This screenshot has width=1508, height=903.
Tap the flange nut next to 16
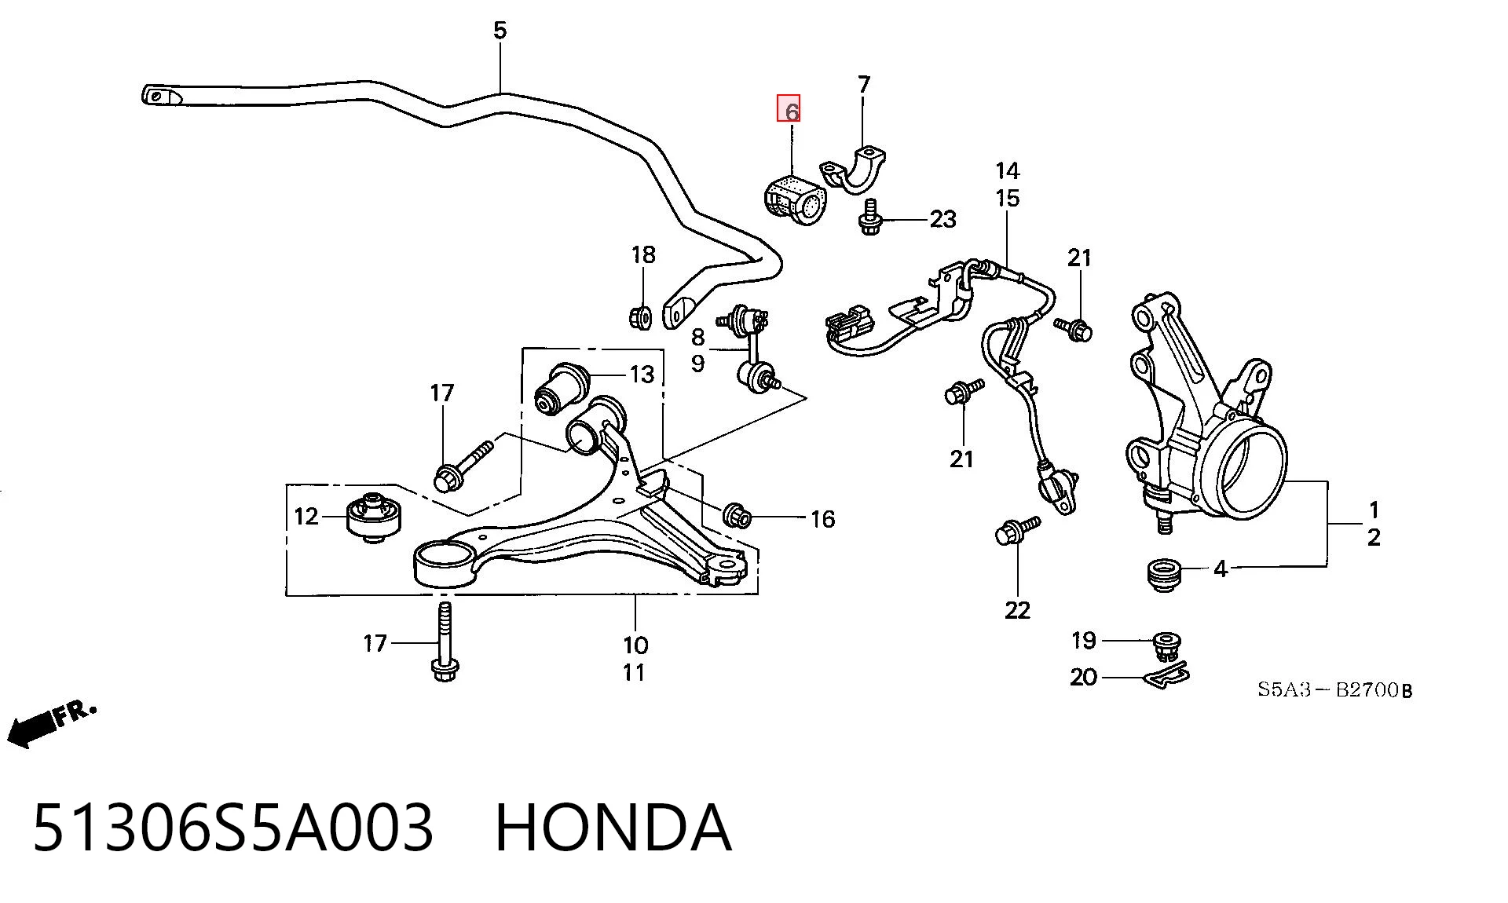tap(738, 515)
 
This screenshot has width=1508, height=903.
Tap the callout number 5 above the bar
tap(500, 31)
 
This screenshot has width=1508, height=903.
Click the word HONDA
tap(613, 828)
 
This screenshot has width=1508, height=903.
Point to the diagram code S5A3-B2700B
tap(1334, 690)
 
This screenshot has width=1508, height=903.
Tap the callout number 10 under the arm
tap(635, 645)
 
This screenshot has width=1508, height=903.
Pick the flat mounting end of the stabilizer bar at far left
tap(161, 96)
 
